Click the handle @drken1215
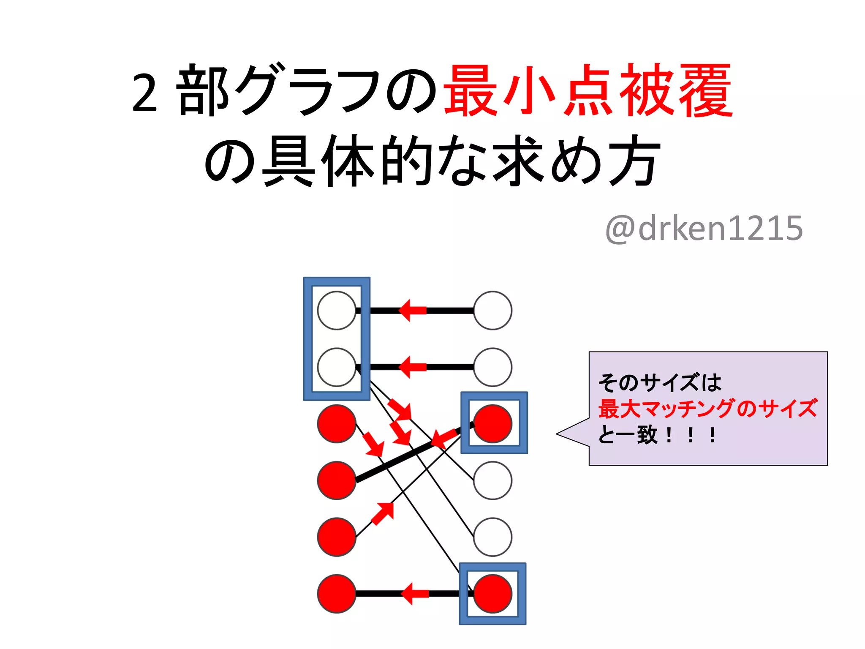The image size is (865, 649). [704, 228]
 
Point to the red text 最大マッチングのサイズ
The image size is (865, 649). [708, 409]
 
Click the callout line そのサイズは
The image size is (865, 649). [659, 383]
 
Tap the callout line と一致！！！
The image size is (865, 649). [657, 435]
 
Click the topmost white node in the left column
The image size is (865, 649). [337, 311]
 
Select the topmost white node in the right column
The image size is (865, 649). [492, 311]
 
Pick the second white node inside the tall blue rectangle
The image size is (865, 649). [337, 367]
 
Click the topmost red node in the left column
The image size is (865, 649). [337, 424]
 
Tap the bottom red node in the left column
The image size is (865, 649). [337, 594]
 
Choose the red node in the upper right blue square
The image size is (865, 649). [492, 424]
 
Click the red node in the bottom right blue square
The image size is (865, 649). [492, 594]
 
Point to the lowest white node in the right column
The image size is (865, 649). [492, 537]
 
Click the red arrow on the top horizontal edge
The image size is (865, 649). [412, 311]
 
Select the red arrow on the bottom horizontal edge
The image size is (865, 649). [414, 594]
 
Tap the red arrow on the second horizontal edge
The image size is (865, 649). [412, 367]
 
